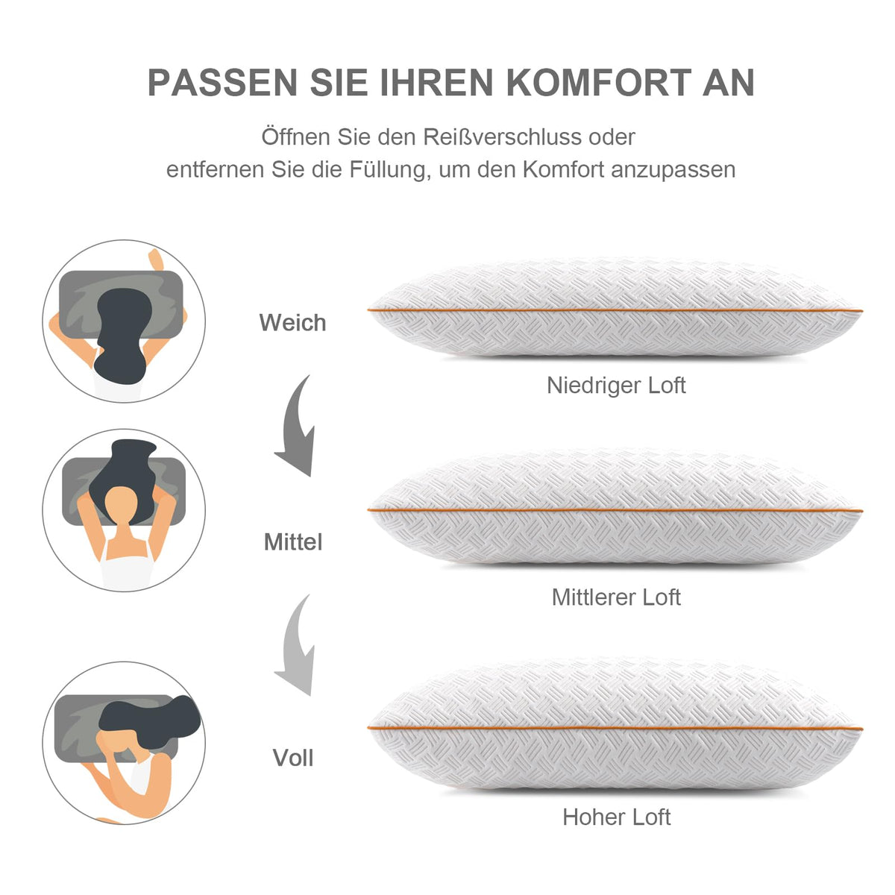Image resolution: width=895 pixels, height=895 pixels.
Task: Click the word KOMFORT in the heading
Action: [598, 83]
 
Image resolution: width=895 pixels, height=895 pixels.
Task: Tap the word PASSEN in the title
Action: [222, 83]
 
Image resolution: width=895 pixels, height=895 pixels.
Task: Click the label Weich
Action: [292, 322]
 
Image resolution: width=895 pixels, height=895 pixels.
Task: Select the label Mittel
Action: [292, 541]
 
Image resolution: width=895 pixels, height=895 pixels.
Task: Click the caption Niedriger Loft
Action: [616, 385]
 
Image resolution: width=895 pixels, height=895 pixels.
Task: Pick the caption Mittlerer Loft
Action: [616, 597]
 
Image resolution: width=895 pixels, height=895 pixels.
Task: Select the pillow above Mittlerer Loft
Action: [615, 509]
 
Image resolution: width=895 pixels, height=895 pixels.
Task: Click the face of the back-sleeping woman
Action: [121, 507]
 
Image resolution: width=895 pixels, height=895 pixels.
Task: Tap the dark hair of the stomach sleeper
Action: [123, 334]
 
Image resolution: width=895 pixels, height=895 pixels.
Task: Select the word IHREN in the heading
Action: [436, 83]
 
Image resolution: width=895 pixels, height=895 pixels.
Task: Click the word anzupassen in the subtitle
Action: [673, 171]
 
